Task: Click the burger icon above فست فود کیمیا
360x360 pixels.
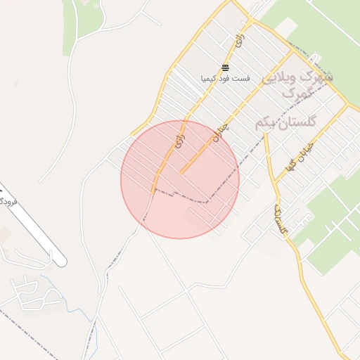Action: click(x=225, y=67)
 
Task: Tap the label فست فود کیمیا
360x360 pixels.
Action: click(x=225, y=78)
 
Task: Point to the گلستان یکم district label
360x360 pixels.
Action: click(x=286, y=122)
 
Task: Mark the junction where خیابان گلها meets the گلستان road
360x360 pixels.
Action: click(x=275, y=184)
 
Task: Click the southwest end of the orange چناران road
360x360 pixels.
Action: click(x=181, y=172)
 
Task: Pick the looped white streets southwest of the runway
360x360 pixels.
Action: click(x=28, y=292)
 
